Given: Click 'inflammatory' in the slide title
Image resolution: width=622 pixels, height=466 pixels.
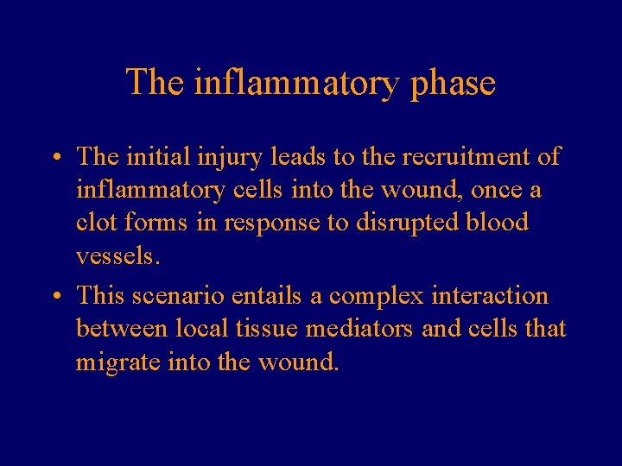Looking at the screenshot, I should coord(299,84).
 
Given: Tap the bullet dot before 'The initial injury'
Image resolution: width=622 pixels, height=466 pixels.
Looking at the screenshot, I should coord(54,159).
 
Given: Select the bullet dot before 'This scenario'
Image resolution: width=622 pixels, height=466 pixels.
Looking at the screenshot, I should coord(54,298).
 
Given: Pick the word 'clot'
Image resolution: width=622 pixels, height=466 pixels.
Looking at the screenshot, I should coord(97,223).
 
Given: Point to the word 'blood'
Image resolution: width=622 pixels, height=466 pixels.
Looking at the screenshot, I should coord(496,223).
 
